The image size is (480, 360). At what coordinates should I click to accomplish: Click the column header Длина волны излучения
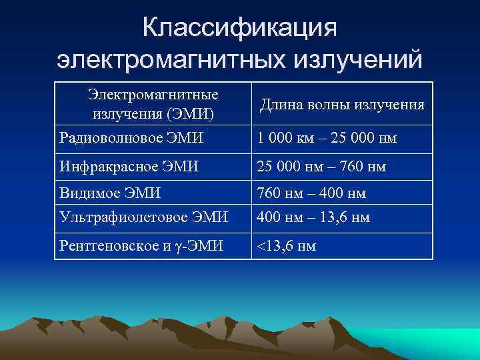[x=342, y=105]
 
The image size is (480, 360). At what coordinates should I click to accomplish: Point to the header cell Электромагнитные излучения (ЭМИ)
[x=153, y=105]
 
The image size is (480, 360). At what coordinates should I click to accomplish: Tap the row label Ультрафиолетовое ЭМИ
[x=144, y=217]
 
